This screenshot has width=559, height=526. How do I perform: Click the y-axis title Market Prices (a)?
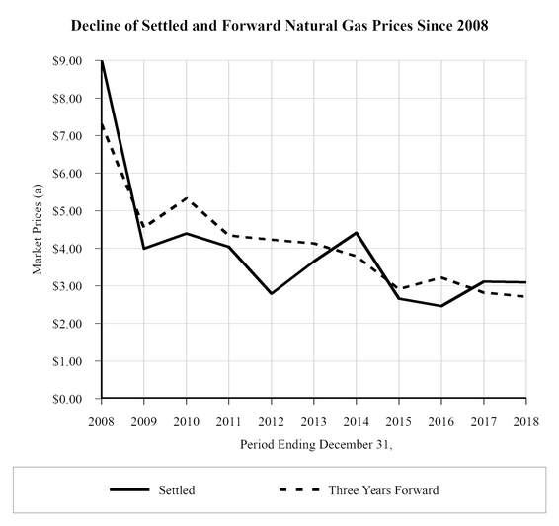(x=40, y=230)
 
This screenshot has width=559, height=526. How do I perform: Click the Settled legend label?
(x=176, y=489)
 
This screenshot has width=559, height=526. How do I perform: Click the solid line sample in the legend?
(x=127, y=489)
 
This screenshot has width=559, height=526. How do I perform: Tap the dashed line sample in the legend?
(x=297, y=489)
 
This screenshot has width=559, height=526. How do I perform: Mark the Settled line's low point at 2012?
(x=271, y=294)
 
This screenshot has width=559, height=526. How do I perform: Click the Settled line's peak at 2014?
(x=356, y=233)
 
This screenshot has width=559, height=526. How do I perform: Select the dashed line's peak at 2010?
(x=186, y=198)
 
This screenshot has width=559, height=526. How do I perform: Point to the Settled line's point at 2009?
(x=143, y=249)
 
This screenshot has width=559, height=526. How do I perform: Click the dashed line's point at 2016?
(x=440, y=277)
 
